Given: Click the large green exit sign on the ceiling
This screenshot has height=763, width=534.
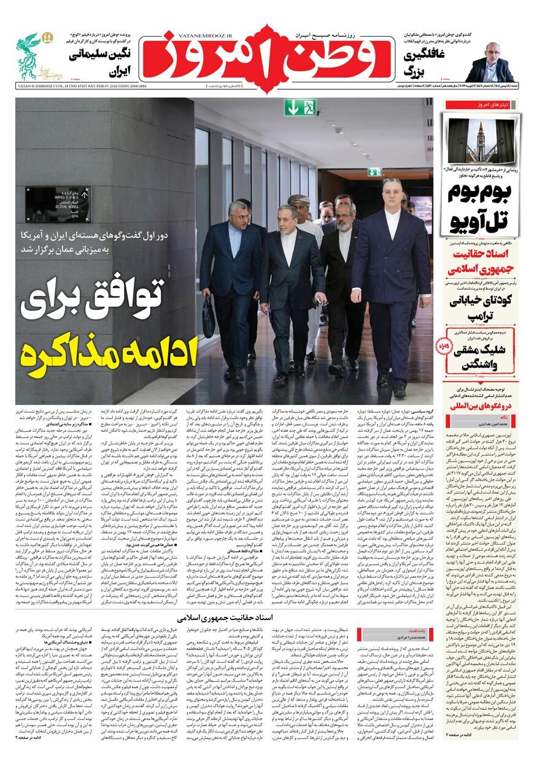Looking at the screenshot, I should pyautogui.click(x=300, y=108).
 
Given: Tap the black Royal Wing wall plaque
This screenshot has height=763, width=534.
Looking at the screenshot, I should pyautogui.click(x=57, y=204).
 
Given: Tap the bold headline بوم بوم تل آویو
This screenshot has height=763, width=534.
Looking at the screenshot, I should pyautogui.click(x=479, y=209).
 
